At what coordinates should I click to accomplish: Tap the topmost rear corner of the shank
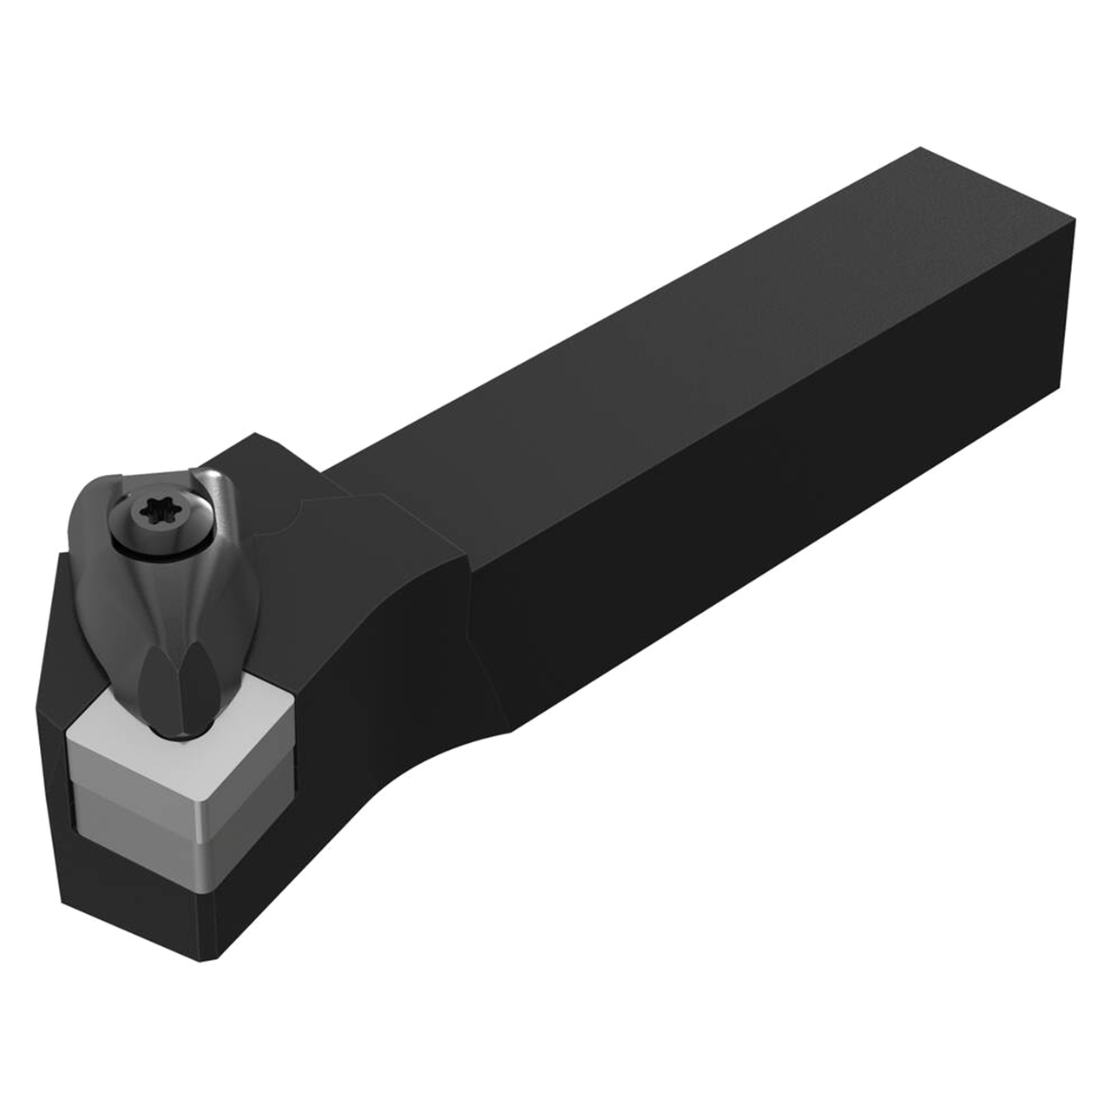click(x=920, y=150)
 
